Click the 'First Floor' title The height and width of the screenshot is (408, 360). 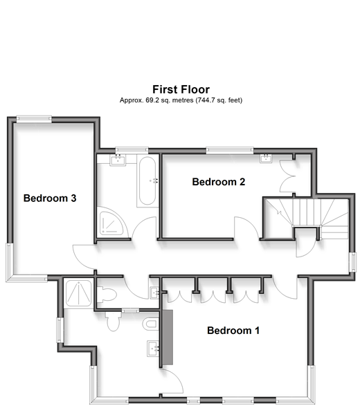tap(181, 89)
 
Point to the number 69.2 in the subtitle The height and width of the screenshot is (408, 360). tap(150, 100)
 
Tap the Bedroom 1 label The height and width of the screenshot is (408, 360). tap(233, 331)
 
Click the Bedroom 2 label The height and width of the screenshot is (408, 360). tap(219, 182)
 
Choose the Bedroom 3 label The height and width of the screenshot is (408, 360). tap(50, 198)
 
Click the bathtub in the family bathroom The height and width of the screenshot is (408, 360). tap(147, 181)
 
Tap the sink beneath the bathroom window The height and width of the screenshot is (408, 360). tap(118, 160)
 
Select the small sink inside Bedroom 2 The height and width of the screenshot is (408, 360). tap(266, 158)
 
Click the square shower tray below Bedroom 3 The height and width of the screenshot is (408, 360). tap(78, 293)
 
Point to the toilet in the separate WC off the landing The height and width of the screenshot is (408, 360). tap(107, 295)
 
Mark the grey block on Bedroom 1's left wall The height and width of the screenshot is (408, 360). tap(168, 337)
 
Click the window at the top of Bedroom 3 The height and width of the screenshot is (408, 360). tap(34, 119)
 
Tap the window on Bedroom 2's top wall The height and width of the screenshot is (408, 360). tap(230, 150)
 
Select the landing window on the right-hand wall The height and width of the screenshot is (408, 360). tap(352, 262)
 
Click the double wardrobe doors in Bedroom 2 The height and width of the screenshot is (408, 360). tap(287, 176)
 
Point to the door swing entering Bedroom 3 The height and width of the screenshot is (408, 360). tap(84, 257)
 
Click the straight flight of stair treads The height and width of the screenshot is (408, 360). tap(306, 212)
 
